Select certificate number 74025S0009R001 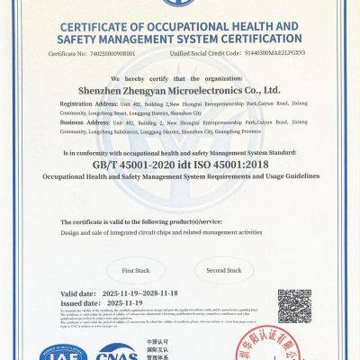(x=114, y=54)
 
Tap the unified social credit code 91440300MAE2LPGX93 (x=269, y=54)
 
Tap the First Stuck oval (x=135, y=270)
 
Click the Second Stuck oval (x=224, y=270)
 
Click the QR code (x=294, y=307)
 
